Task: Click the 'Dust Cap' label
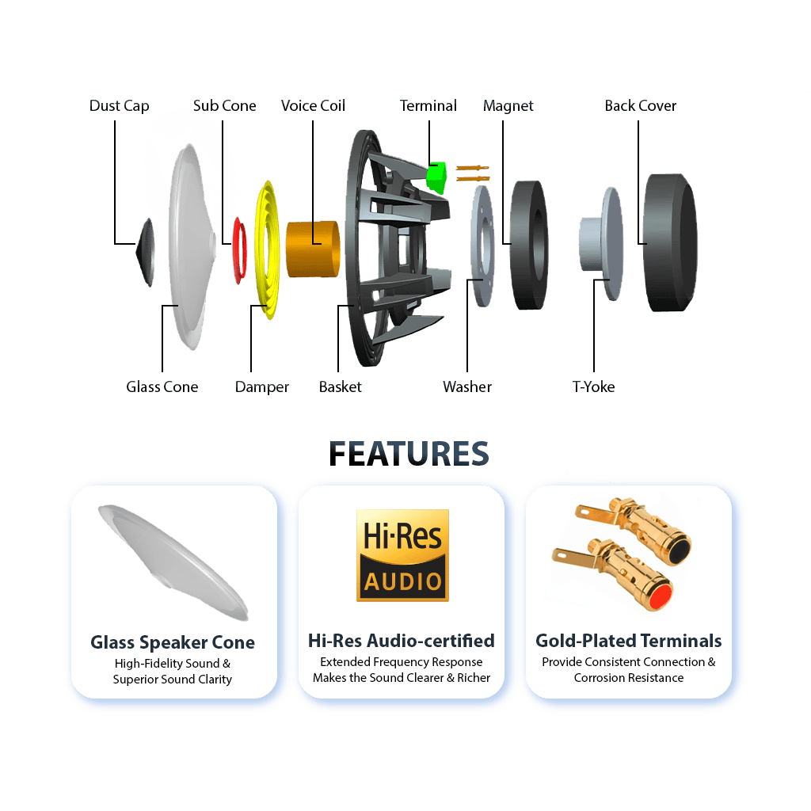pyautogui.click(x=119, y=106)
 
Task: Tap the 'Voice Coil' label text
pyautogui.click(x=313, y=105)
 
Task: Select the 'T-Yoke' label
pyautogui.click(x=593, y=386)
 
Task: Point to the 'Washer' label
pyautogui.click(x=467, y=386)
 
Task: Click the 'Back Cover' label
pyautogui.click(x=640, y=105)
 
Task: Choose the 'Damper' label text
pyautogui.click(x=261, y=387)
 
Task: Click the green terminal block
pyautogui.click(x=436, y=177)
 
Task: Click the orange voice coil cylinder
pyautogui.click(x=313, y=249)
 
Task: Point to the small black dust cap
pyautogui.click(x=146, y=252)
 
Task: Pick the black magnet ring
pyautogui.click(x=529, y=246)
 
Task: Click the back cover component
pyautogui.click(x=670, y=242)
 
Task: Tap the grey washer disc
pyautogui.click(x=482, y=246)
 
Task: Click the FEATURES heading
pyautogui.click(x=409, y=454)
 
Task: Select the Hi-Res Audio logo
pyautogui.click(x=402, y=555)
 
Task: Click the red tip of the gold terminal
pyautogui.click(x=661, y=596)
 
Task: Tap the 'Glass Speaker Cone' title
pyautogui.click(x=173, y=642)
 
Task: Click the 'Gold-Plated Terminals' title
pyautogui.click(x=628, y=641)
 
